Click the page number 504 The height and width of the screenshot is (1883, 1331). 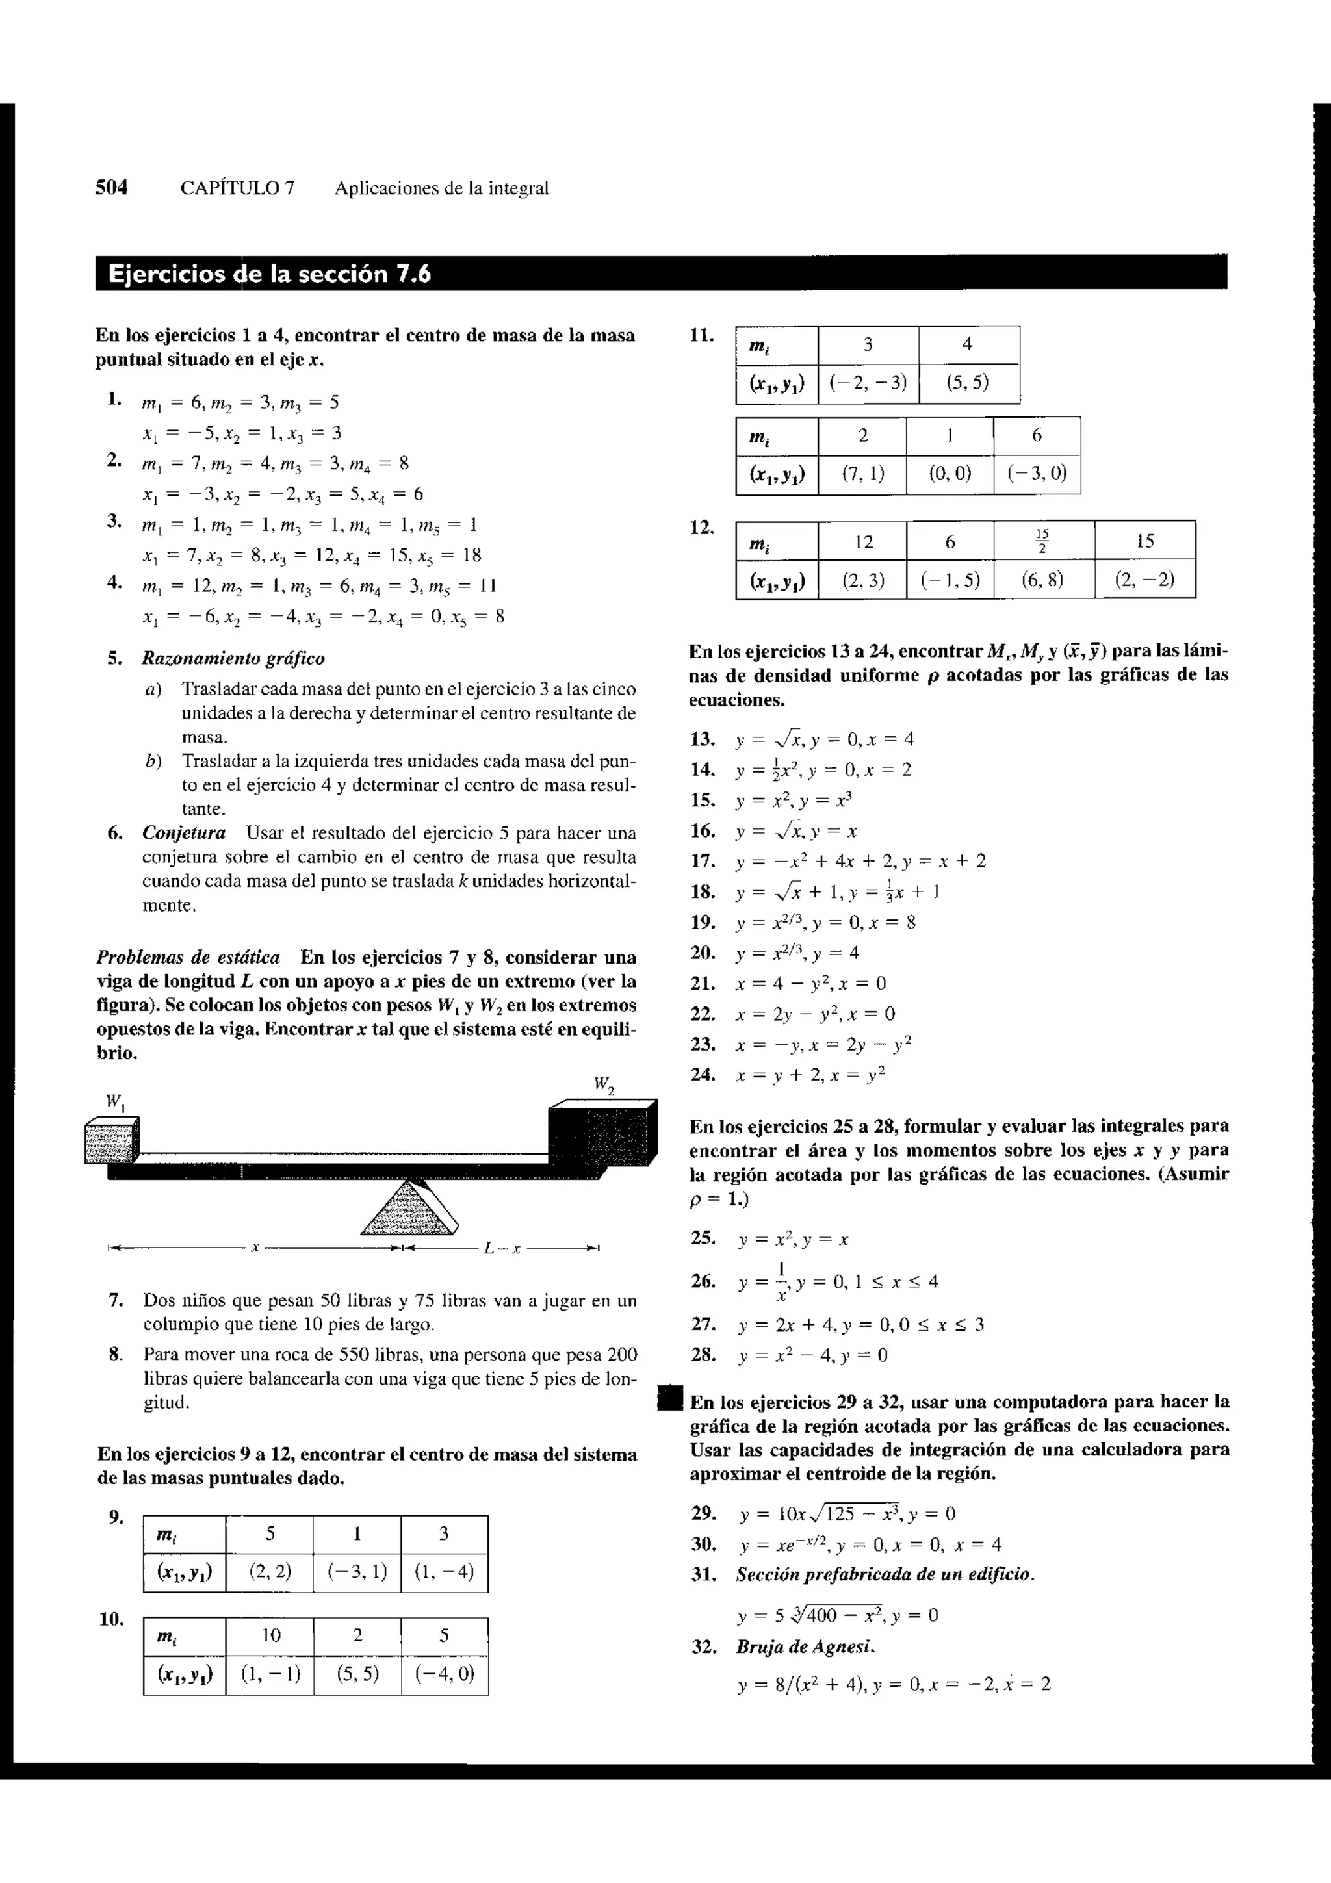coord(112,188)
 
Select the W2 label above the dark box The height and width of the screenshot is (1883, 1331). coord(604,1085)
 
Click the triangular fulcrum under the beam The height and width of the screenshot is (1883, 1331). coord(408,1208)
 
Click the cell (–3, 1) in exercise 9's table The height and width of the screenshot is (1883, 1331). coord(357,1572)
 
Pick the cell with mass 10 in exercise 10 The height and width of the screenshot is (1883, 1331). coord(270,1635)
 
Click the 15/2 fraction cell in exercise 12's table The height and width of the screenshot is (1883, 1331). coord(1042,541)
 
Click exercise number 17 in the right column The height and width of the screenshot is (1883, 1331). coord(702,861)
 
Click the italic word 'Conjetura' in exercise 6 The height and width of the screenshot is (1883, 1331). coord(184,833)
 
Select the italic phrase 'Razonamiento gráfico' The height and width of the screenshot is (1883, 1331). coord(233,659)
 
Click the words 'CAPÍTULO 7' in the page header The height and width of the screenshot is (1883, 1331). coord(237,188)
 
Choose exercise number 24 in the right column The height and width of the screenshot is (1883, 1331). coord(702,1074)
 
